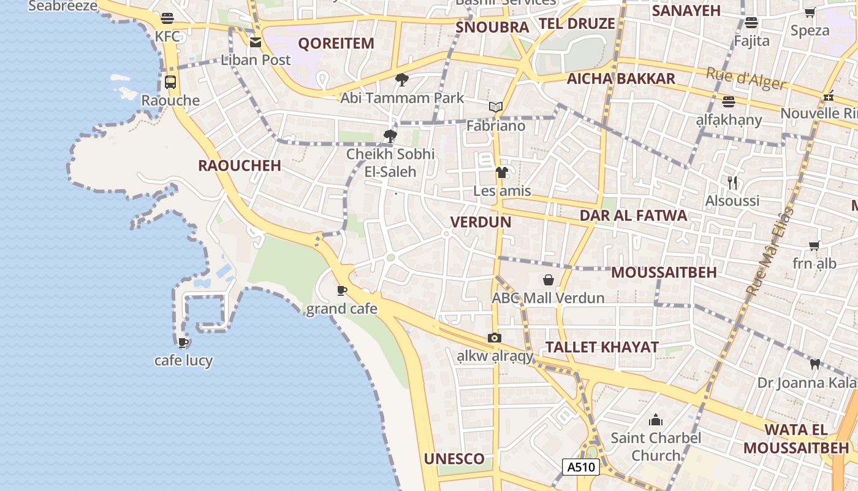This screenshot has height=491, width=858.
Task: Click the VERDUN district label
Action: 480,222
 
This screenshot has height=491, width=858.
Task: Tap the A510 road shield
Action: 580,467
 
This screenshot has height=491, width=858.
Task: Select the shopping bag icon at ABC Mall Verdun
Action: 549,280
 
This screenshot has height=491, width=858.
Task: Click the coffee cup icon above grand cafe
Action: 341,290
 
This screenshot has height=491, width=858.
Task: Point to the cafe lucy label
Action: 183,360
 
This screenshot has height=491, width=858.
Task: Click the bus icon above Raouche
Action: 170,82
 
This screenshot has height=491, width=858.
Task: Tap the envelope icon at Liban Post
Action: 256,42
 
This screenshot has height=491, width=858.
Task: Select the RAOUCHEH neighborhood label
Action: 240,166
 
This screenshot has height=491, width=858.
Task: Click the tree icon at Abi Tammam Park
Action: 402,79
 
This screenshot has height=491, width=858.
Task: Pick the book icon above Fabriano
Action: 496,107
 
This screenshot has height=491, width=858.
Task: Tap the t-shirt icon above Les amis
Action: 502,172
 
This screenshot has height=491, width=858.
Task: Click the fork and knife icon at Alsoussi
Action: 732,182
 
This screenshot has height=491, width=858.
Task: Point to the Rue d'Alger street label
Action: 746,79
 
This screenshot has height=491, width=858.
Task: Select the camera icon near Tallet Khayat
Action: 495,338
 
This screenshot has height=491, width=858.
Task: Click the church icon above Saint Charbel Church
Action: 656,420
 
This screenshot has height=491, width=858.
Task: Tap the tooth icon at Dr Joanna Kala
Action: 815,364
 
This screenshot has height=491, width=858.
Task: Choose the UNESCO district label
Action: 454,459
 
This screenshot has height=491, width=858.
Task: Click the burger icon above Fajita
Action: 751,23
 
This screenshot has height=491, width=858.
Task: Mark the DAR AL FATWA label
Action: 634,216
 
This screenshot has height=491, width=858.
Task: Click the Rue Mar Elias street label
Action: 770,252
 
